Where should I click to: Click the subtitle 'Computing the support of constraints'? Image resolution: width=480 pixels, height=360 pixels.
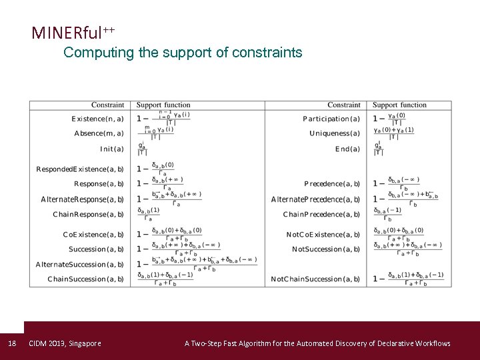pos(183,53)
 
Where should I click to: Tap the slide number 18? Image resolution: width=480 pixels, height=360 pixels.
pos(11,343)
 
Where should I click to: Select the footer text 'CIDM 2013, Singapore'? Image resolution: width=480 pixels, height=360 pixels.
pos(65,343)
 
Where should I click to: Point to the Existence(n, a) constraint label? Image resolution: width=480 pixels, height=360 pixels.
pos(97,119)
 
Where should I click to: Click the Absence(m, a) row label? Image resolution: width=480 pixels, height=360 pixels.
pos(99,133)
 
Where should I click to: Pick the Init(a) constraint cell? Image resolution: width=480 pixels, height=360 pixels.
pos(111,149)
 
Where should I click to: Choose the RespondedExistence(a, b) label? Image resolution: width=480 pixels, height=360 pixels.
pos(80,169)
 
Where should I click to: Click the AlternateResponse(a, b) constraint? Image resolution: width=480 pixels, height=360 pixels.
pos(82,199)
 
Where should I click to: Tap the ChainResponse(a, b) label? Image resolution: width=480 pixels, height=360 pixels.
pos(88,214)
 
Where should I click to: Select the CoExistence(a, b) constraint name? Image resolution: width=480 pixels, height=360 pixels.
pos(93,235)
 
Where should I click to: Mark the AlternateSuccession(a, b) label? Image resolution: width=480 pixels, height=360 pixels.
pos(79,264)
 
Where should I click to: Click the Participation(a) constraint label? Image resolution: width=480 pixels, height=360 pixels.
pos(331,119)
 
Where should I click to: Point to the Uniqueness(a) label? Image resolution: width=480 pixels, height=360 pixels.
pos(335,133)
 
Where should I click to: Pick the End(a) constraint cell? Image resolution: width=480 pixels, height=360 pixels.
pos(347,149)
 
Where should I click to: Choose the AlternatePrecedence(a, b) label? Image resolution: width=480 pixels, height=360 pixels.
pos(315,199)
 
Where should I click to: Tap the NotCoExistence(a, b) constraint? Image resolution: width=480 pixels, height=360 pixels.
pos(323,235)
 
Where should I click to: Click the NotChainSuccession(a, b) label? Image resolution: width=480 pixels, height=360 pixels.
pos(315,279)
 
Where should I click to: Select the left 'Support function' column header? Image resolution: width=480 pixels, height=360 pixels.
pos(163,105)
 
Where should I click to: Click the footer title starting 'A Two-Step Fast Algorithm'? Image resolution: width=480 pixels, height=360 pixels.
pos(317,343)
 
